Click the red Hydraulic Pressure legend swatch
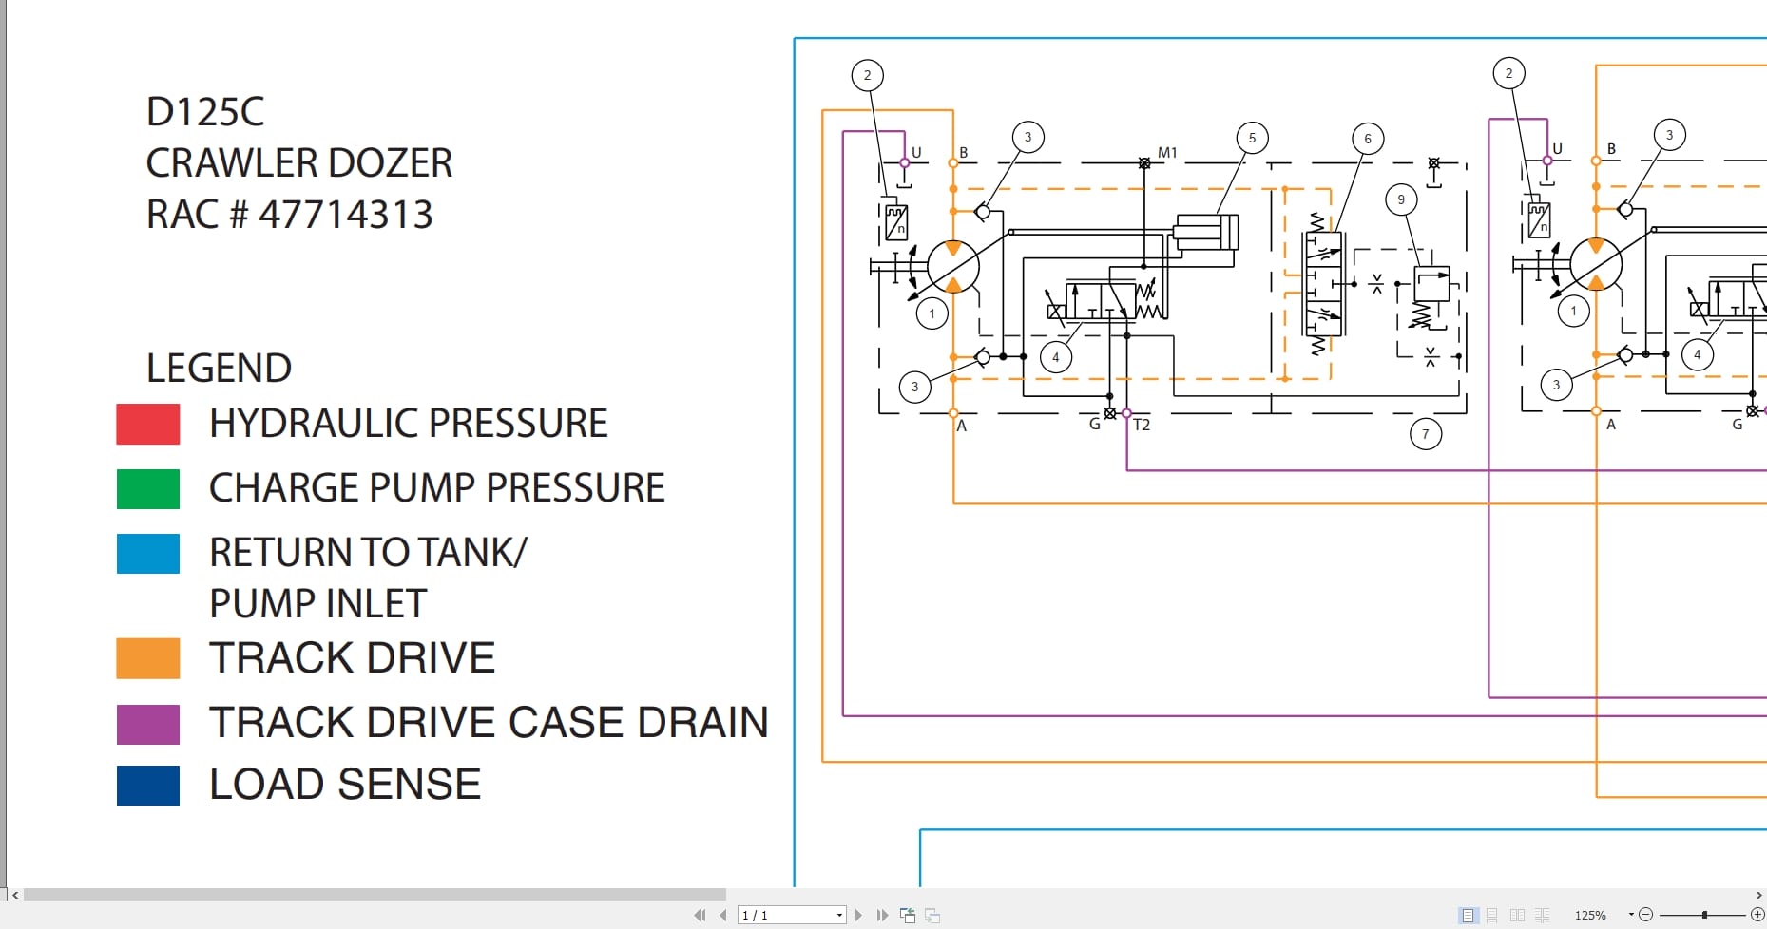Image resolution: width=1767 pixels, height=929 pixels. [147, 424]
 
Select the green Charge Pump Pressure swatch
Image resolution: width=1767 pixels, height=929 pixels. [147, 488]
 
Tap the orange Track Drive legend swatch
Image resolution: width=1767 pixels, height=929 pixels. [147, 657]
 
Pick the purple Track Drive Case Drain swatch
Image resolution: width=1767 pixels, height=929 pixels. [147, 724]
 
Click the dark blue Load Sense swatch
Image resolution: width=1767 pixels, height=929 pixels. [147, 785]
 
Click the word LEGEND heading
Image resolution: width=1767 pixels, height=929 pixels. [219, 368]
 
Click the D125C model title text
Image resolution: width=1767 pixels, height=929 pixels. [205, 112]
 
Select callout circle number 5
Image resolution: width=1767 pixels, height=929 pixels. [1252, 138]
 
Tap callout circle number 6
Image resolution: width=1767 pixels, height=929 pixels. [1368, 139]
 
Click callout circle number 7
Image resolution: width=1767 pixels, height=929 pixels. [1425, 434]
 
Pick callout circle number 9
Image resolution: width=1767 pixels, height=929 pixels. [1400, 199]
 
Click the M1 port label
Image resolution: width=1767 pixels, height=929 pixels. [1167, 152]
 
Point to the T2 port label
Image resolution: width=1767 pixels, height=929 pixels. [1142, 425]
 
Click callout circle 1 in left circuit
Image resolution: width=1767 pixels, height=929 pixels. [932, 313]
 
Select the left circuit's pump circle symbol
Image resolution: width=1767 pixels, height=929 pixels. [952, 267]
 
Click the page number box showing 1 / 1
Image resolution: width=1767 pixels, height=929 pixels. [791, 915]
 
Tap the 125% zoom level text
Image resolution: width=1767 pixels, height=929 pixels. [1590, 915]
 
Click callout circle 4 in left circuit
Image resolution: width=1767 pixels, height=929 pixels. [1055, 357]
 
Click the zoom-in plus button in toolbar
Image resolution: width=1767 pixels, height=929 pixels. [1757, 914]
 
